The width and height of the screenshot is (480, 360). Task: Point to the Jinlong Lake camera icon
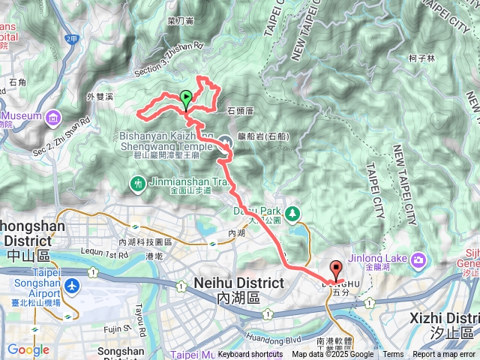pos(418,259)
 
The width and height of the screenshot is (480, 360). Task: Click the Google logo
pos(28,349)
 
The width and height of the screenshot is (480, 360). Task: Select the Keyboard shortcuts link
pos(250,355)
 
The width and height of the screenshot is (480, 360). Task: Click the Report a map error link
pos(445,355)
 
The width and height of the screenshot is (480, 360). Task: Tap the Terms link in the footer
pos(393,355)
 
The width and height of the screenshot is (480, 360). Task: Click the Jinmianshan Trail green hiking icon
pos(137,183)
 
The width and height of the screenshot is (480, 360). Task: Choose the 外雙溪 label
pos(100,96)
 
